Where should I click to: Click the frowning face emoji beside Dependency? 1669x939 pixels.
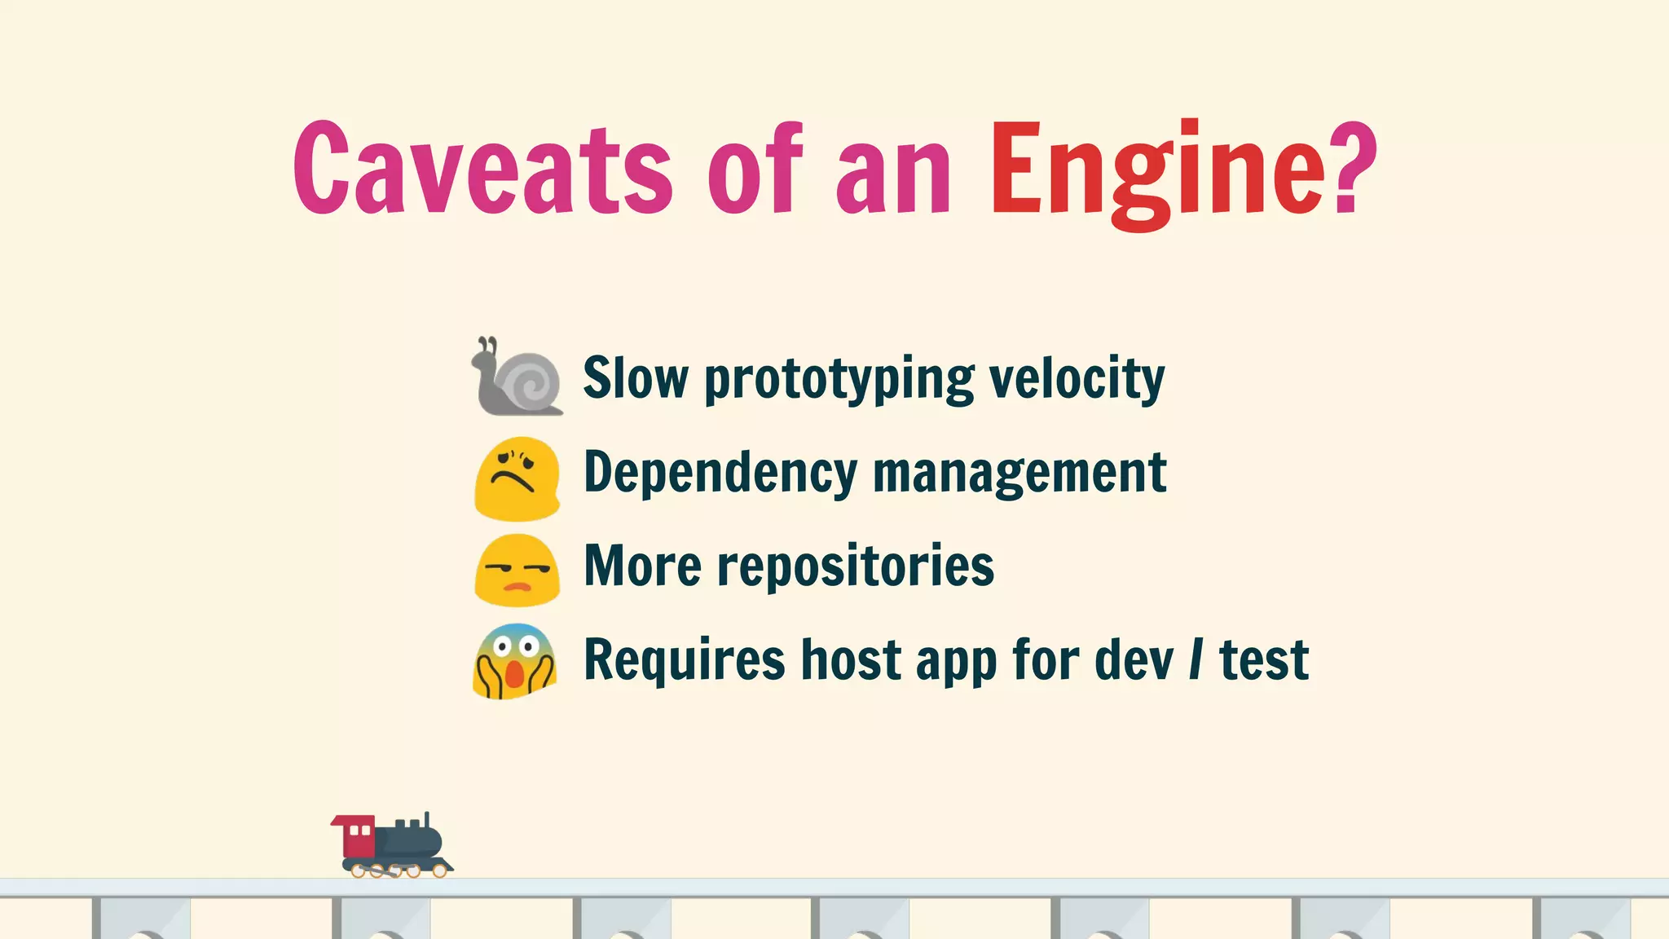pos(517,478)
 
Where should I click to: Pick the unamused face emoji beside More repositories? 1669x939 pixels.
pos(517,571)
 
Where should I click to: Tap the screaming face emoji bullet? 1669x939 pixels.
pos(514,662)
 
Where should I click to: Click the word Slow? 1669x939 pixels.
pos(636,378)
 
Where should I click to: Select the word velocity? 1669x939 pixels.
pos(1077,380)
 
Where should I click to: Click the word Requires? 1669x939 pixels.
pos(685,660)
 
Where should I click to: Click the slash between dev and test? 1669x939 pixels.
pos(1196,659)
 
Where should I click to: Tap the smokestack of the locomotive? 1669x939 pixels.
pos(427,820)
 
